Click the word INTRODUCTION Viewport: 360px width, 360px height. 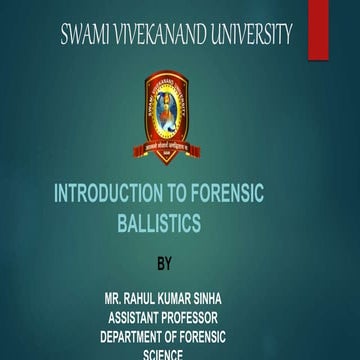(x=117, y=196)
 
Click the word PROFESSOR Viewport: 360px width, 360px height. (x=214, y=317)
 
